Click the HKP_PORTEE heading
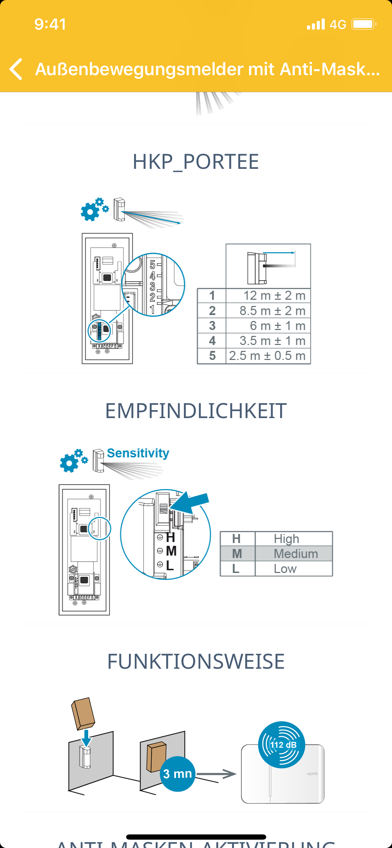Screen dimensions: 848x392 196,162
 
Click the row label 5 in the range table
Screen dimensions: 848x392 212,356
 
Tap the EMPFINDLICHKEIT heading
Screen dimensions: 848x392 196,411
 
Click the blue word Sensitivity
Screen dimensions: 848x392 138,453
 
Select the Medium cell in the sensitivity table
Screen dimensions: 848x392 295,553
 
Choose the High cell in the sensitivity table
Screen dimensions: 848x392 286,539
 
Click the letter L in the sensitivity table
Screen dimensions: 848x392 236,569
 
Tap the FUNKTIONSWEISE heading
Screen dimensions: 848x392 196,661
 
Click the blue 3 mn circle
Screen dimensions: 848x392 177,774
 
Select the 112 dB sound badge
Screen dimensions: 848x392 282,745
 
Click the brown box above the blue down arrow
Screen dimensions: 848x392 83,713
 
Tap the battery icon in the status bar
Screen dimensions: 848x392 363,24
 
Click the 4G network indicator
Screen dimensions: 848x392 338,24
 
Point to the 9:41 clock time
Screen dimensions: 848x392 50,24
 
